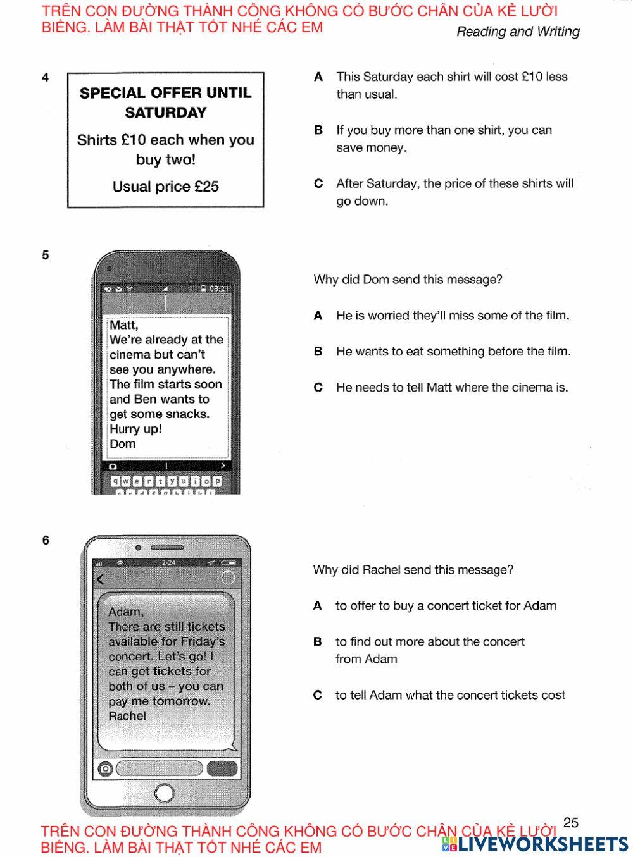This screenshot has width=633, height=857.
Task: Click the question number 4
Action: [45, 78]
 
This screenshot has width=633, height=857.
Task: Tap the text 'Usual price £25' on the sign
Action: [165, 187]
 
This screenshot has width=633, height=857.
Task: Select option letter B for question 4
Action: [318, 130]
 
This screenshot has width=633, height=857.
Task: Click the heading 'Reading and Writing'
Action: [518, 32]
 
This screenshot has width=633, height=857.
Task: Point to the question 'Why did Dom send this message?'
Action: [408, 280]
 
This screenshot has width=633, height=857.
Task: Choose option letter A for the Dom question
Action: [318, 316]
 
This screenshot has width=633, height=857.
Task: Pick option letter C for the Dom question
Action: [318, 388]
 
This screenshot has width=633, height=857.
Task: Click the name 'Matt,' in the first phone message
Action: [124, 325]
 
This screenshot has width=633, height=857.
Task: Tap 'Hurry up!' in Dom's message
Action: [135, 429]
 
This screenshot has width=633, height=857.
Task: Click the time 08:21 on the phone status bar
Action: [219, 288]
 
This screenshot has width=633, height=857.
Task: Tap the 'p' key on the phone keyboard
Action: [217, 481]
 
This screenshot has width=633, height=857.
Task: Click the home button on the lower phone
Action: [164, 792]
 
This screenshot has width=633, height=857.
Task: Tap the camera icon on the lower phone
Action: [106, 768]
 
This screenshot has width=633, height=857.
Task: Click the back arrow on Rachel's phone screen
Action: [100, 579]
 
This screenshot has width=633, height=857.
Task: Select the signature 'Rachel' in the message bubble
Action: [127, 716]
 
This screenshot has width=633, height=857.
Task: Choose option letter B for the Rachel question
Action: [318, 642]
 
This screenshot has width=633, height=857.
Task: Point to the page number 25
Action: [570, 822]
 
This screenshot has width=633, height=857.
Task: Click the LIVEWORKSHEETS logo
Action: [535, 844]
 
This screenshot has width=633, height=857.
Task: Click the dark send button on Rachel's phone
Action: [222, 768]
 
